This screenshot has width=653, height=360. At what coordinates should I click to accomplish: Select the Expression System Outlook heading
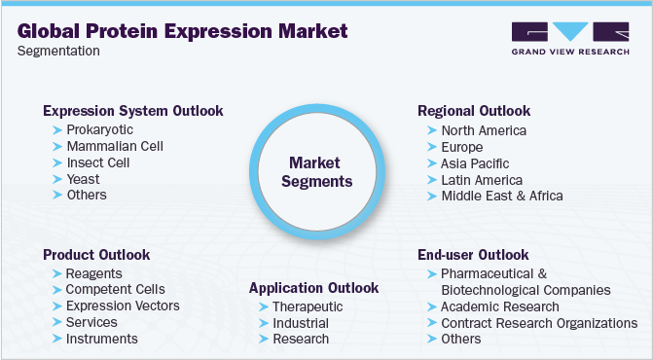click(133, 111)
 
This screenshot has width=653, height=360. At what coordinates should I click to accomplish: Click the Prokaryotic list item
click(99, 129)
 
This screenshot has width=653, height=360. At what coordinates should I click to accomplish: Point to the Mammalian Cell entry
click(114, 146)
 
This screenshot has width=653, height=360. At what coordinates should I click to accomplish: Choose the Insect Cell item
click(97, 162)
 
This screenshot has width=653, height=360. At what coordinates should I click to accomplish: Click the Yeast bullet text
click(84, 179)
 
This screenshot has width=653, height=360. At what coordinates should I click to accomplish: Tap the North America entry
click(484, 130)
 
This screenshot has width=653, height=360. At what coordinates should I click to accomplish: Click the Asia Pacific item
click(475, 163)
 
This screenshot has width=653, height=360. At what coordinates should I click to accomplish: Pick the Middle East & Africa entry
click(501, 196)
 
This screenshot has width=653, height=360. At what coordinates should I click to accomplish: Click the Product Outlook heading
click(96, 255)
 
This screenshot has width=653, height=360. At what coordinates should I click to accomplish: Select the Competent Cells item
click(115, 289)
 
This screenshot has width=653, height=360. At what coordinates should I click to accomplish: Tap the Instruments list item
click(101, 339)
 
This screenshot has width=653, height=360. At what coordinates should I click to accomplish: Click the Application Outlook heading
click(313, 288)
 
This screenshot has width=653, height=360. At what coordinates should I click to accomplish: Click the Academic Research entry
click(500, 306)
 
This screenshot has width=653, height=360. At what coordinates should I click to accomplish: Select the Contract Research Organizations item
click(539, 323)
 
